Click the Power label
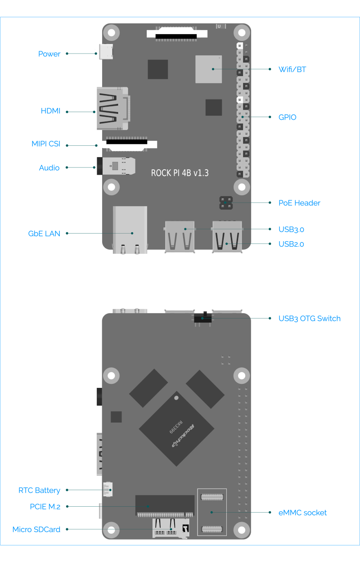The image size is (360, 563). pos(49,54)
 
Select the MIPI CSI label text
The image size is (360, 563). pos(45,144)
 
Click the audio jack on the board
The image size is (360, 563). pos(115,166)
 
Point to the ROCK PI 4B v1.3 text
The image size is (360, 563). pos(180,173)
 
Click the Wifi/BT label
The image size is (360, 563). pos(292,70)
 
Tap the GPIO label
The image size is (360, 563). pos(287,117)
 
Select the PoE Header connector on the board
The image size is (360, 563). pos(226,203)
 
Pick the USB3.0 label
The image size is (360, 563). pos(291,230)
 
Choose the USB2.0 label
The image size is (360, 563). pos(291,244)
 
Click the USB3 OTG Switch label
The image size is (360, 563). pos(309,319)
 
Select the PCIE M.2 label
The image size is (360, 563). pos(45,507)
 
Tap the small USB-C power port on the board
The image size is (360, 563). pos(106,52)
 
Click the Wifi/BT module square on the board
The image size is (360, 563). pos(208,69)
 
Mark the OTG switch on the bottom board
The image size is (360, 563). pos(202,318)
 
